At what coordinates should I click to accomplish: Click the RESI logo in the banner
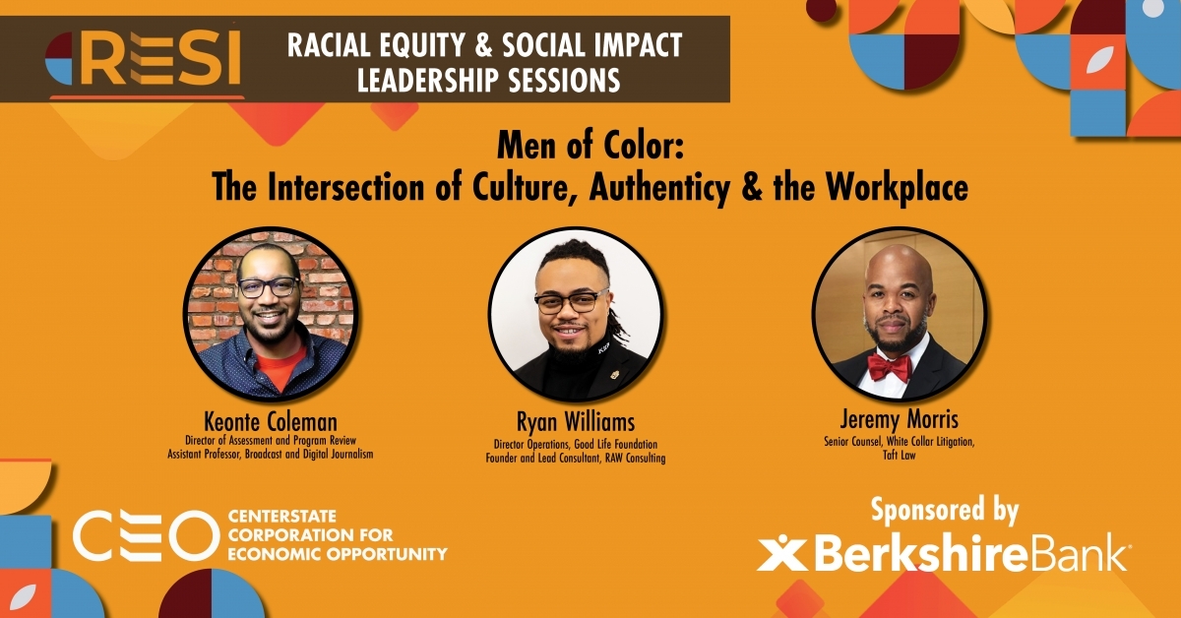144,59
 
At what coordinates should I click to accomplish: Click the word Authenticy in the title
659,188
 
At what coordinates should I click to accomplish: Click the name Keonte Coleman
271,422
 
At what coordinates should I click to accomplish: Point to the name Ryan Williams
575,422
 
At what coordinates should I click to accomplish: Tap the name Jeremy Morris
899,419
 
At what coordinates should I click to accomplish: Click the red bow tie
890,367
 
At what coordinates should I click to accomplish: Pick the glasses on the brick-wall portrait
269,287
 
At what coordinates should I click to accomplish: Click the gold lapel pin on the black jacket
615,375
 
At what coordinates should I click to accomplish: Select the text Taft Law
899,455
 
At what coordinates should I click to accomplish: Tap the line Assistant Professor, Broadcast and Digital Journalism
270,454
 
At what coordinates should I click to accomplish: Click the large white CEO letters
146,535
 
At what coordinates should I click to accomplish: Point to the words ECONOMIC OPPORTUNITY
338,554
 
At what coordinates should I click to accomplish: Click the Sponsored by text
944,511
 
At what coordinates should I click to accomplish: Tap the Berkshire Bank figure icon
781,553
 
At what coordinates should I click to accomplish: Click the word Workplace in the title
897,188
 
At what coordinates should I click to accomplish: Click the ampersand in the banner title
485,45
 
